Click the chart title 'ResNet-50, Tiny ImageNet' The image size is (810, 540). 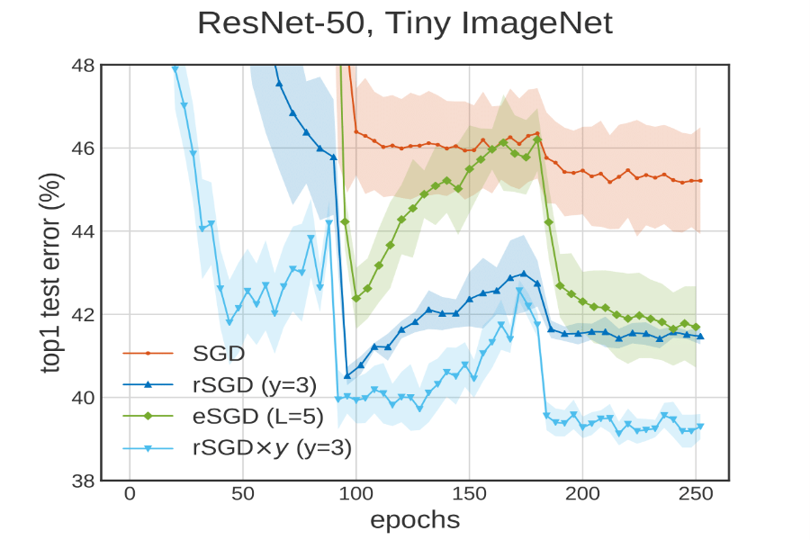click(x=404, y=22)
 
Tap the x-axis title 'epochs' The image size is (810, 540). click(x=415, y=519)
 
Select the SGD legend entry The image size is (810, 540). click(x=212, y=352)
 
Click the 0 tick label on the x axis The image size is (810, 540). click(x=130, y=494)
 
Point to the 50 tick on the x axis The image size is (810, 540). click(x=243, y=494)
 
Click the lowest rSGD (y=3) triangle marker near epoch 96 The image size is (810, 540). click(x=347, y=376)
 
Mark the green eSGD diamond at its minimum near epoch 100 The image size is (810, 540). click(x=355, y=298)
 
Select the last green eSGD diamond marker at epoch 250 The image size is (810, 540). click(x=696, y=328)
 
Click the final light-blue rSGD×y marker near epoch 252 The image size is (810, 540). click(x=700, y=427)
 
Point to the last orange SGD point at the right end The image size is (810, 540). click(x=700, y=181)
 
